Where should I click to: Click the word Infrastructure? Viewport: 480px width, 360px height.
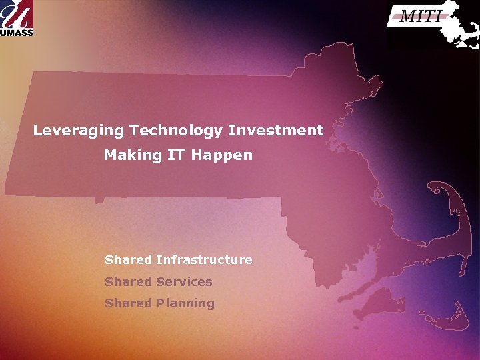(204, 260)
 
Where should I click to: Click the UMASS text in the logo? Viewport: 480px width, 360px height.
(16, 31)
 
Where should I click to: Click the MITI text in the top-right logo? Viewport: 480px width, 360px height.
(420, 17)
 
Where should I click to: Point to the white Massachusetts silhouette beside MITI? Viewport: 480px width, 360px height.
(460, 27)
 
